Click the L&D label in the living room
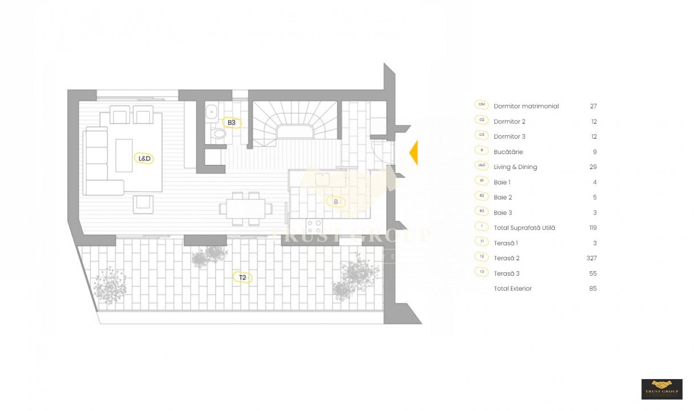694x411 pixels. pyautogui.click(x=144, y=158)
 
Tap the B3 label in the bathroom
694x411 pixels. pyautogui.click(x=231, y=123)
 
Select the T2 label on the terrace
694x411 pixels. pyautogui.click(x=243, y=278)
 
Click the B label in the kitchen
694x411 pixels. pyautogui.click(x=336, y=202)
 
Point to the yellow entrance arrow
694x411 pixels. pyautogui.click(x=413, y=152)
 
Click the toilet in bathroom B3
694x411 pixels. pyautogui.click(x=218, y=134)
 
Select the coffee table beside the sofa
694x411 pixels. pyautogui.click(x=124, y=155)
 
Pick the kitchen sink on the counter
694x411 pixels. pyautogui.click(x=323, y=179)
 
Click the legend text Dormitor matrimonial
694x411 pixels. pyautogui.click(x=526, y=106)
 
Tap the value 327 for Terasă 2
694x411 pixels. pyautogui.click(x=591, y=258)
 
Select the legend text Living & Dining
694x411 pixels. pyautogui.click(x=515, y=167)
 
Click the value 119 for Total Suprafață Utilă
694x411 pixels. pyautogui.click(x=592, y=228)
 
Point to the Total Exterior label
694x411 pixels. pyautogui.click(x=513, y=289)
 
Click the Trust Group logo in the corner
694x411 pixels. pyautogui.click(x=662, y=389)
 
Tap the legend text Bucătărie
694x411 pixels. pyautogui.click(x=508, y=152)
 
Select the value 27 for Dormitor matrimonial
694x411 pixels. pyautogui.click(x=593, y=106)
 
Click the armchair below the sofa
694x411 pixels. pyautogui.click(x=143, y=204)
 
